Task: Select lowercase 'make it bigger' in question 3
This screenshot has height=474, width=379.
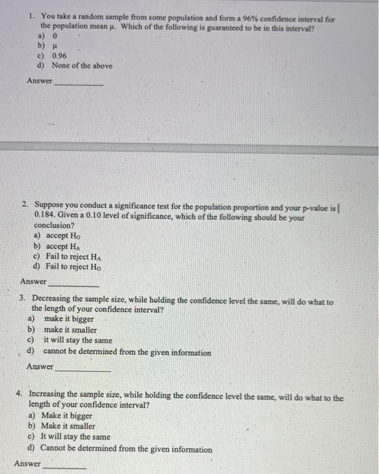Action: [x=69, y=318]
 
